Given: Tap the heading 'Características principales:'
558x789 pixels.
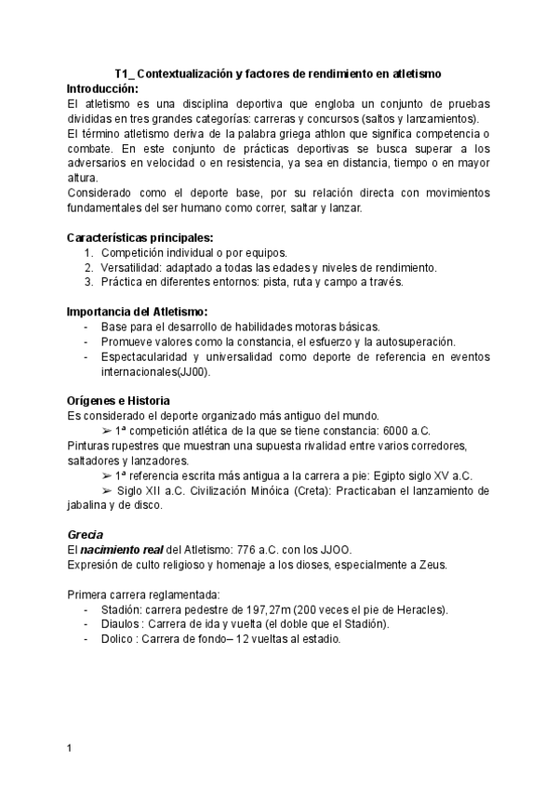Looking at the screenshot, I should [141, 237].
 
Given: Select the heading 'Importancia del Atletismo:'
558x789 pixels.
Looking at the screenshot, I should [138, 312].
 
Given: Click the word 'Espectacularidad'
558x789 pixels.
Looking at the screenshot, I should [149, 356].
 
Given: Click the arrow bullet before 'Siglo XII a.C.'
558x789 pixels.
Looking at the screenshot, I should [107, 490].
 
